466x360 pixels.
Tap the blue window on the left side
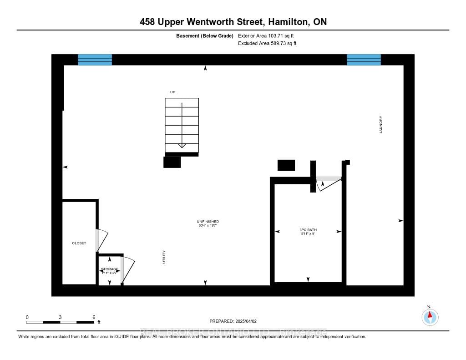tap(95, 60)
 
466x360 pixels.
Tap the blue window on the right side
tap(364, 60)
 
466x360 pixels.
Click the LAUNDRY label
tap(381, 124)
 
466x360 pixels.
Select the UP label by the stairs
tap(172, 92)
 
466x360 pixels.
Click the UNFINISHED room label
tap(208, 222)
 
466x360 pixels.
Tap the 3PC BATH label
tap(308, 230)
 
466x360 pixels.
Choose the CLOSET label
tap(79, 243)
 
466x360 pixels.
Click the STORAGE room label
tap(110, 269)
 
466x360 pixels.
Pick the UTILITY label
tap(164, 257)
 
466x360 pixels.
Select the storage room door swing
tap(128, 270)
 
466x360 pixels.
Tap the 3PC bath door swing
tap(328, 183)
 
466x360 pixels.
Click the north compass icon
tap(430, 316)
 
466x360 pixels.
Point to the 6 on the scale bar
tap(94, 317)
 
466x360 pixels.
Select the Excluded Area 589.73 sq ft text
tap(267, 44)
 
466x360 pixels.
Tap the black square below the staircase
tap(172, 162)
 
